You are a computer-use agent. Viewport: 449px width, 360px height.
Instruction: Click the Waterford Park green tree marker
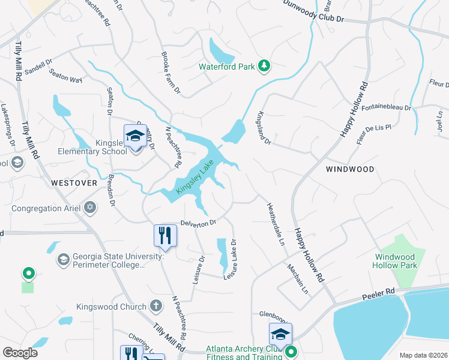[264, 66]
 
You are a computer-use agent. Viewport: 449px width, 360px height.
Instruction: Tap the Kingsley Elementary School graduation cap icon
[136, 136]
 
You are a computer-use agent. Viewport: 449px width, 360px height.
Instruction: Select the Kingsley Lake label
[195, 177]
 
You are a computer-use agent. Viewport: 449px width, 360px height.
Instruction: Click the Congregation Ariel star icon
[90, 208]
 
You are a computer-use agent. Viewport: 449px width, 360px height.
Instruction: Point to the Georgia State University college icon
[63, 260]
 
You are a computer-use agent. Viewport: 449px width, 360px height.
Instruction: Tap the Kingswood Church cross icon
[155, 306]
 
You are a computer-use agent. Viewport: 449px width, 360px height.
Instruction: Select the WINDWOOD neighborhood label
[349, 169]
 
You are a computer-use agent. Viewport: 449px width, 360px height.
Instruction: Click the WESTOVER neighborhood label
[74, 182]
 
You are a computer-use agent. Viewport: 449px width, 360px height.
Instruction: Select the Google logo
[20, 353]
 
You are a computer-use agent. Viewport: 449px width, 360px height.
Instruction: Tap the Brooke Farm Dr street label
[170, 73]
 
